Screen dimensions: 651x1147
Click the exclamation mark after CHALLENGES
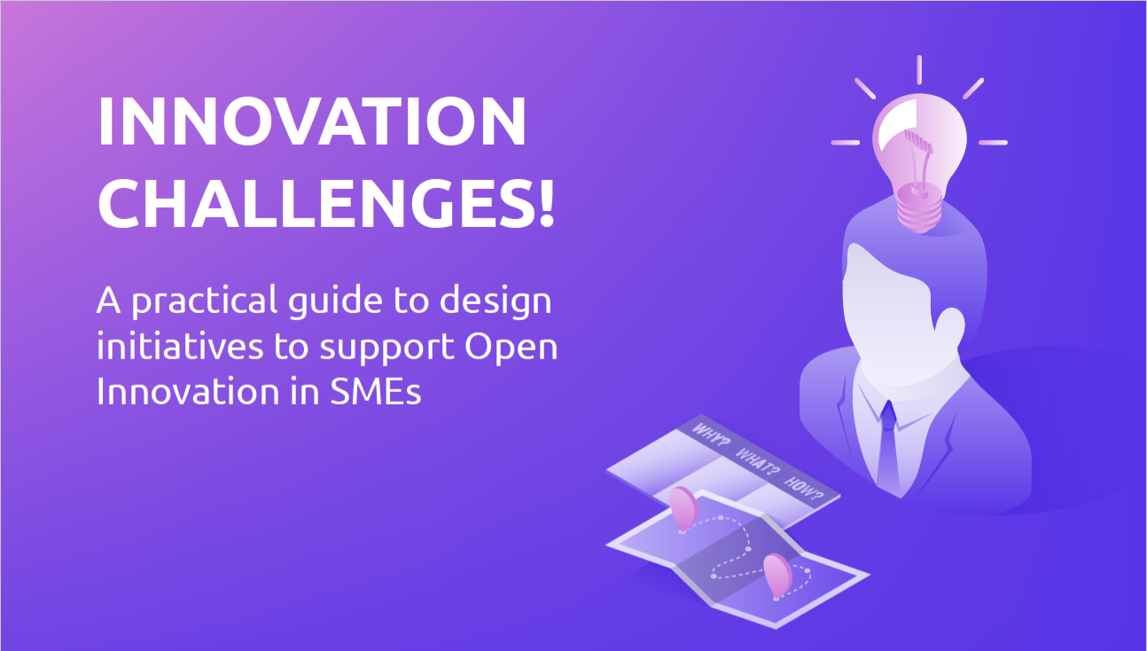[544, 201]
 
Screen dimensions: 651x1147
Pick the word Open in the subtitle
[511, 348]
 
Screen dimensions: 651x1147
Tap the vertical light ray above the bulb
[919, 69]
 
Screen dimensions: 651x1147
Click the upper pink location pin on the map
[683, 508]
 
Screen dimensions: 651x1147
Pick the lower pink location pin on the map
[776, 573]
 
